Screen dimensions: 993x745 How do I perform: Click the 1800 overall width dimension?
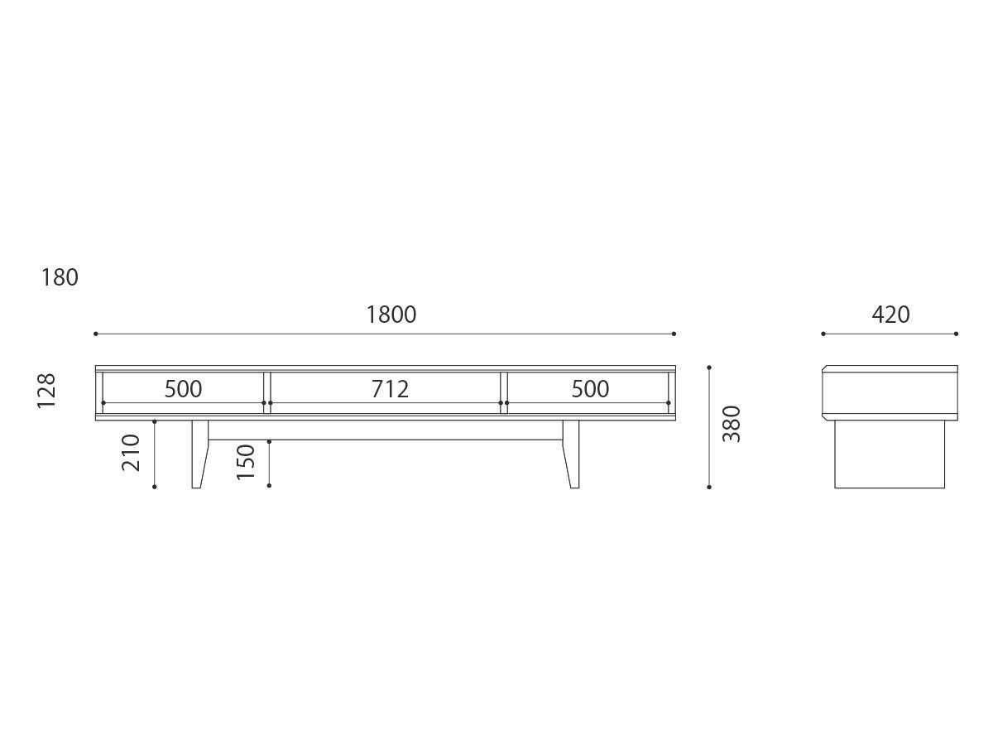pyautogui.click(x=391, y=315)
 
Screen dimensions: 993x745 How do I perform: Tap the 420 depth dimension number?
pyautogui.click(x=890, y=315)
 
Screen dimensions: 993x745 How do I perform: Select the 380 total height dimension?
pyautogui.click(x=732, y=424)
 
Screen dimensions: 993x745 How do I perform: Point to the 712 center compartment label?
pyautogui.click(x=390, y=388)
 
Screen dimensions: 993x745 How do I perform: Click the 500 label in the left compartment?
pyautogui.click(x=183, y=388)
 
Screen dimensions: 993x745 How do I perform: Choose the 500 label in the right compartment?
pyautogui.click(x=590, y=388)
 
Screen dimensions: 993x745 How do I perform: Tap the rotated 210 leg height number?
pyautogui.click(x=131, y=452)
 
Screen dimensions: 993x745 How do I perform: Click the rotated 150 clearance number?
pyautogui.click(x=246, y=462)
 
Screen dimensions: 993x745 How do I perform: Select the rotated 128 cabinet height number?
pyautogui.click(x=46, y=391)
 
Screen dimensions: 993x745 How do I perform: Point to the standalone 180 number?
pyautogui.click(x=60, y=277)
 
